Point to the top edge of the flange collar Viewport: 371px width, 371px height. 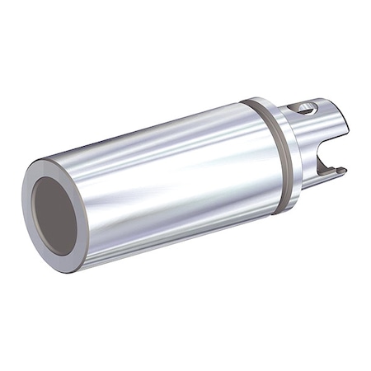coord(256,100)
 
